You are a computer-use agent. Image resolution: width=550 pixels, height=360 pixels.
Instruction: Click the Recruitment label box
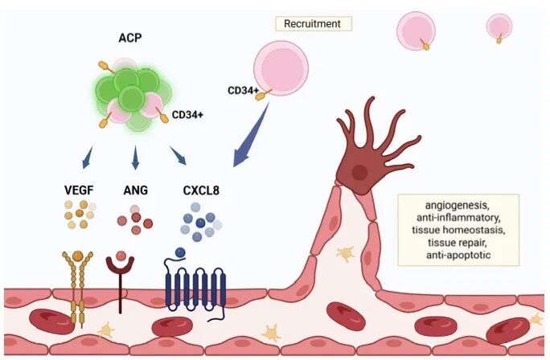click(313, 23)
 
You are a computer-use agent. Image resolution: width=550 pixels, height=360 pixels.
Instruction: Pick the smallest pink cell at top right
click(499, 26)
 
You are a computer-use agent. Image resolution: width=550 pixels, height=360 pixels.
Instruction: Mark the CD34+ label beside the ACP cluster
click(187, 115)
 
